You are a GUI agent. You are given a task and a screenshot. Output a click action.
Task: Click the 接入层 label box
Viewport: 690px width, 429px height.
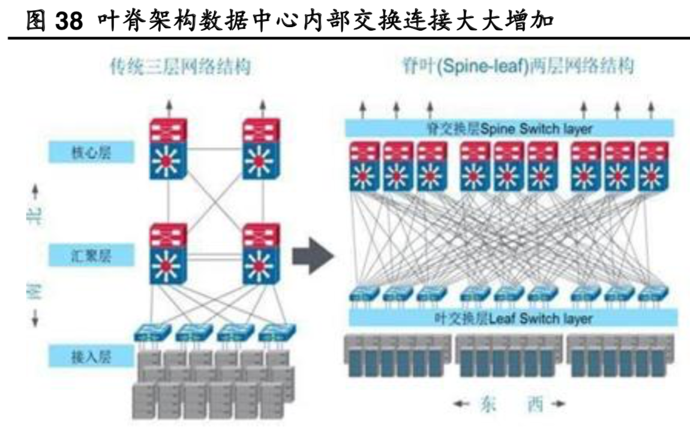click(x=82, y=356)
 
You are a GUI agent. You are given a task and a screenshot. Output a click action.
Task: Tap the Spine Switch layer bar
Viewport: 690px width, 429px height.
click(x=509, y=128)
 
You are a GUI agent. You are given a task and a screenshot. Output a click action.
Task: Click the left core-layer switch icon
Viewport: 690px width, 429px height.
click(x=169, y=149)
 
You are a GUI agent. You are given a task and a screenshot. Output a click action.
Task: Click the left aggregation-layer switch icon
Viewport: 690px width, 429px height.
click(x=169, y=254)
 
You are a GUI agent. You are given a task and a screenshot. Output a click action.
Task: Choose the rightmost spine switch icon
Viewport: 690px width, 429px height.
click(x=653, y=166)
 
